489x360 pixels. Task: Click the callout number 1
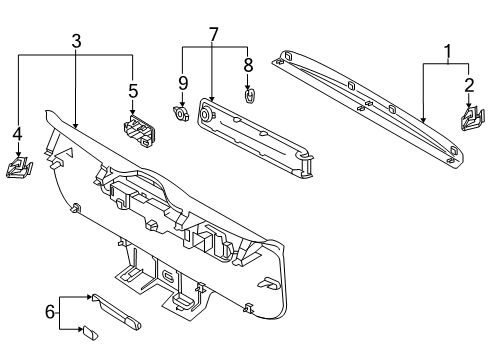click(x=448, y=52)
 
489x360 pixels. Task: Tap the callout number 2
click(x=469, y=86)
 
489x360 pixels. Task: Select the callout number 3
click(x=76, y=41)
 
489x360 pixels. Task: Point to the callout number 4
click(x=17, y=134)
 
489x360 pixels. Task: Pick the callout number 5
click(x=133, y=91)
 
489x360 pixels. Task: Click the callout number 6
click(x=50, y=312)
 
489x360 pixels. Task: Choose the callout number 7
click(x=213, y=35)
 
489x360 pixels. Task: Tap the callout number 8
click(x=248, y=65)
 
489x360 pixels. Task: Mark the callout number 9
click(x=183, y=83)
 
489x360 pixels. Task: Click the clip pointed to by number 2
click(x=472, y=119)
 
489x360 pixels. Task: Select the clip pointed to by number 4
click(x=19, y=168)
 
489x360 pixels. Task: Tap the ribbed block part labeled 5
click(x=139, y=131)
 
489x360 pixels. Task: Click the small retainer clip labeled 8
click(x=248, y=96)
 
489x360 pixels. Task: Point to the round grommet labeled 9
click(x=181, y=113)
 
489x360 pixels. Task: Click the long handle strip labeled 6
click(x=116, y=312)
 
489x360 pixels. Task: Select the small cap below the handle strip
click(x=91, y=333)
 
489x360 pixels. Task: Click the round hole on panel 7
click(x=204, y=114)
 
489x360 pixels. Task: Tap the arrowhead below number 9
click(x=183, y=104)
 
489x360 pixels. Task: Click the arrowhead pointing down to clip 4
click(x=18, y=154)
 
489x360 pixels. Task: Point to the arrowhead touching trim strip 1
click(x=423, y=120)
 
